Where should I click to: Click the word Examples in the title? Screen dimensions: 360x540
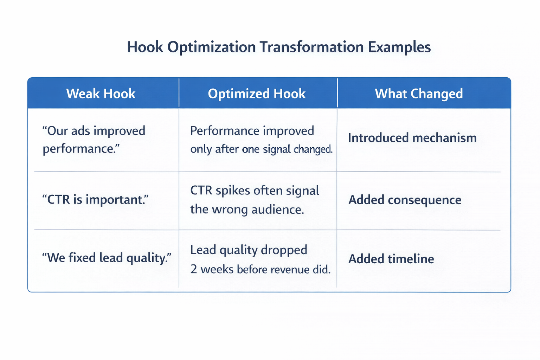399,47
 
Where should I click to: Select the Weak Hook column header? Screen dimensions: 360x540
101,94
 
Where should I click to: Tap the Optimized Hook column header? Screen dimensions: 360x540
257,94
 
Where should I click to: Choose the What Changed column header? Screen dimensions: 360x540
419,94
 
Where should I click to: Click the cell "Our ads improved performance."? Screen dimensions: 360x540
94,140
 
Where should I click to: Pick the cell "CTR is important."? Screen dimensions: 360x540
95,200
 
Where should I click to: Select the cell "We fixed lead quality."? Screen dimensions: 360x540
107,258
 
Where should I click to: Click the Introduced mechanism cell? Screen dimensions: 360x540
412,138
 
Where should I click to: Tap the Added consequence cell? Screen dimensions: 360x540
405,200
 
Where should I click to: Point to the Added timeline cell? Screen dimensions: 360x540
391,259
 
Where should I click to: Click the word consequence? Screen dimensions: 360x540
424,200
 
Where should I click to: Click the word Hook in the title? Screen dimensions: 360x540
145,47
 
